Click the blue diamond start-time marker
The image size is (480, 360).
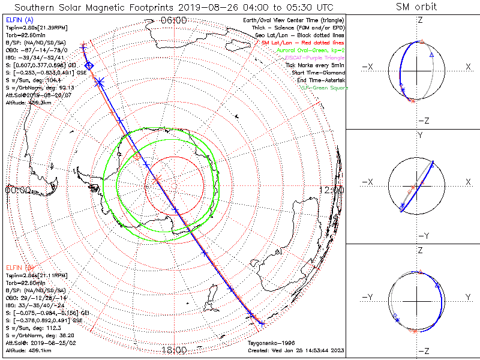click(x=89, y=65)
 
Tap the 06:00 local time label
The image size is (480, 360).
click(x=173, y=20)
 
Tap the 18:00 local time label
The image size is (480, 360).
click(x=173, y=349)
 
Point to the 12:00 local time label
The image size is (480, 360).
click(x=332, y=190)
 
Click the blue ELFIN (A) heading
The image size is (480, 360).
click(x=19, y=20)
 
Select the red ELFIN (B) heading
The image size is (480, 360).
click(x=19, y=267)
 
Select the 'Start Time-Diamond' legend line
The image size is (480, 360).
click(x=319, y=73)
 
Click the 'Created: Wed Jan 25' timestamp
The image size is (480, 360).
click(x=296, y=350)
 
